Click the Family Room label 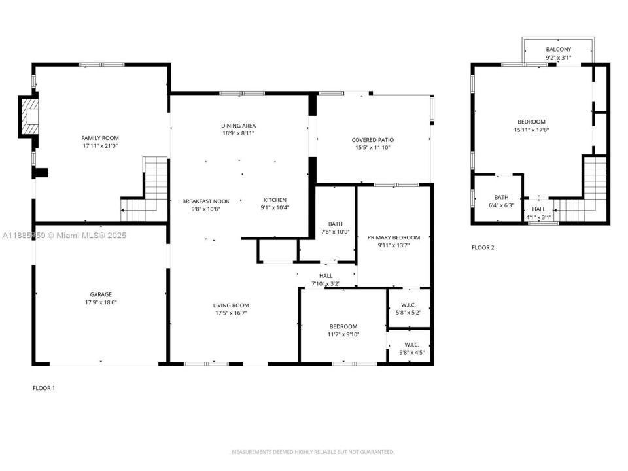click(x=100, y=138)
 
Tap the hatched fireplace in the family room click(x=29, y=116)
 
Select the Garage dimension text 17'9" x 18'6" click(x=101, y=302)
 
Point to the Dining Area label click(x=238, y=126)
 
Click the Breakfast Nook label click(x=206, y=201)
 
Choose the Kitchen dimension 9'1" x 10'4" click(x=275, y=207)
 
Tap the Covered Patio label click(x=372, y=140)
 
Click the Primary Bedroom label click(x=394, y=237)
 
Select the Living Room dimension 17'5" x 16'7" click(x=231, y=313)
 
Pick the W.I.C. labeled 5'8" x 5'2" click(x=408, y=309)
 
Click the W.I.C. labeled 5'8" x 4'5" click(x=411, y=349)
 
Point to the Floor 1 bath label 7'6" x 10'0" click(x=335, y=228)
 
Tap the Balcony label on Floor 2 click(x=558, y=49)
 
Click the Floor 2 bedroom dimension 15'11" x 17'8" click(x=531, y=130)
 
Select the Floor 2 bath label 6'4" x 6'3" click(x=501, y=201)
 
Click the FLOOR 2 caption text click(x=483, y=247)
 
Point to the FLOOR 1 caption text click(x=44, y=388)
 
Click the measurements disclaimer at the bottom click(x=313, y=452)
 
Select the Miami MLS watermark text click(x=64, y=235)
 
